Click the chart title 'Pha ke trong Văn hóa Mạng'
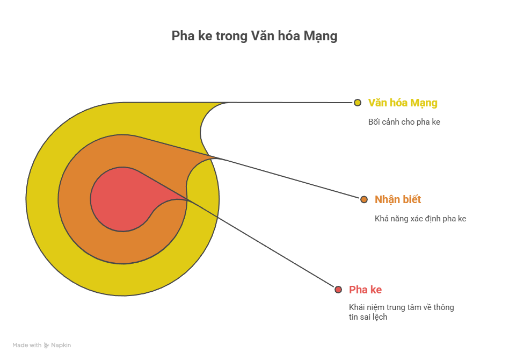[x=254, y=36]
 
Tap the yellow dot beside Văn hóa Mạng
[x=358, y=102]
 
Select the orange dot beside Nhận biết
[x=364, y=199]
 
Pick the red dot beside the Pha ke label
[x=338, y=290]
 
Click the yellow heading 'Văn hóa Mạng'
[x=403, y=103]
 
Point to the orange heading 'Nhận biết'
[x=398, y=199]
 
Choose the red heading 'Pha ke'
[x=365, y=290]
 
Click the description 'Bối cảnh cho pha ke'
[x=404, y=122]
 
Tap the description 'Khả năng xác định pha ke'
[x=420, y=219]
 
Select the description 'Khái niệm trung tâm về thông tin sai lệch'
[x=401, y=312]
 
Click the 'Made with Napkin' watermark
[x=42, y=345]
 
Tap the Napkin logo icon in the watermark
[x=47, y=345]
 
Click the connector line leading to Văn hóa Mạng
[x=290, y=102]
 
